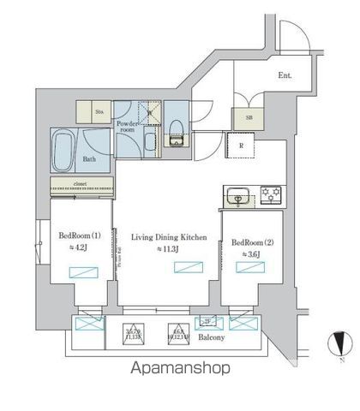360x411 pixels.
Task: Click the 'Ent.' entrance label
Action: tap(285, 75)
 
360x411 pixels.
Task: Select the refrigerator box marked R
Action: tap(243, 145)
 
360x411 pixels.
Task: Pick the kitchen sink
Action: tap(239, 194)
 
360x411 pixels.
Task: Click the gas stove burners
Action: tap(273, 194)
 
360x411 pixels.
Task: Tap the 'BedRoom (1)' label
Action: tap(79, 235)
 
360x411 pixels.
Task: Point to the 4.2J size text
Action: tap(80, 248)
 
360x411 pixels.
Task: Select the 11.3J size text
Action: tap(168, 249)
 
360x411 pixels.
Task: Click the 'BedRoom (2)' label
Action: tap(252, 241)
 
